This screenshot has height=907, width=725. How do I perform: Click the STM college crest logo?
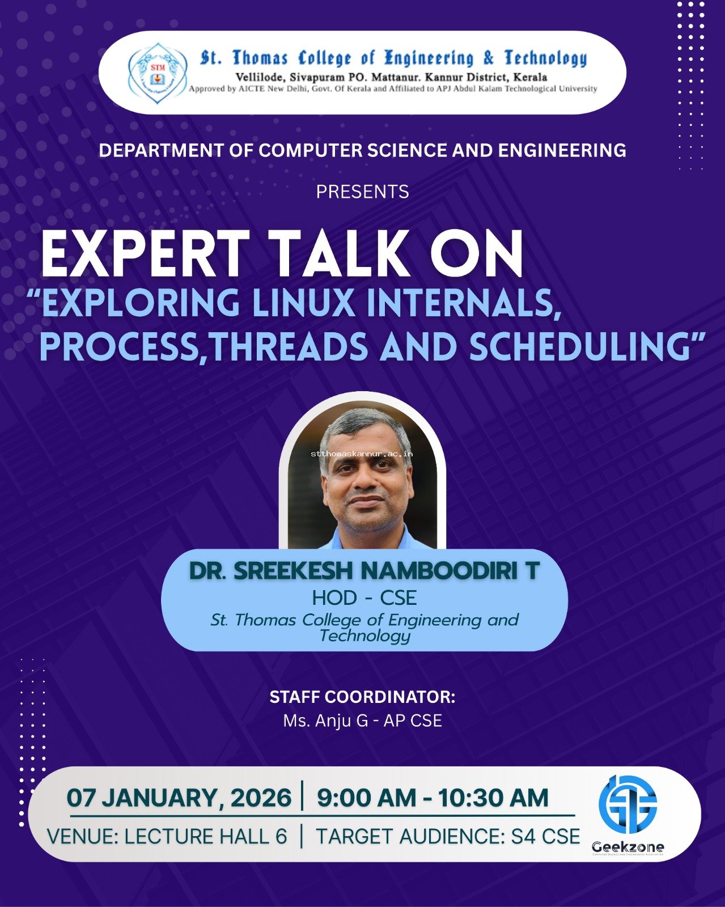(157, 73)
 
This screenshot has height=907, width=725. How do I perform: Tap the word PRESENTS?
(363, 192)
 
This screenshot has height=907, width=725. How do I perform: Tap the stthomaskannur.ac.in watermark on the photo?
(362, 454)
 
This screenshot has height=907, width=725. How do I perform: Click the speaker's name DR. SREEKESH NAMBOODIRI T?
(364, 571)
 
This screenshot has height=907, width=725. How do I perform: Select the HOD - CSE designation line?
(364, 597)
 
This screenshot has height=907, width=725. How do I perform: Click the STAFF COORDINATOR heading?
(363, 697)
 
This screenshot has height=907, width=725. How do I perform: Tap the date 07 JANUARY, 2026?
(179, 798)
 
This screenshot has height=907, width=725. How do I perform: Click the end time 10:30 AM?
(493, 798)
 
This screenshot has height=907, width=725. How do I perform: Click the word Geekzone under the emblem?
(628, 847)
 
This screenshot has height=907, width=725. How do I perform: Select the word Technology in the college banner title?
(546, 58)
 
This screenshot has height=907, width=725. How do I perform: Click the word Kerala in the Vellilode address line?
(530, 78)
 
